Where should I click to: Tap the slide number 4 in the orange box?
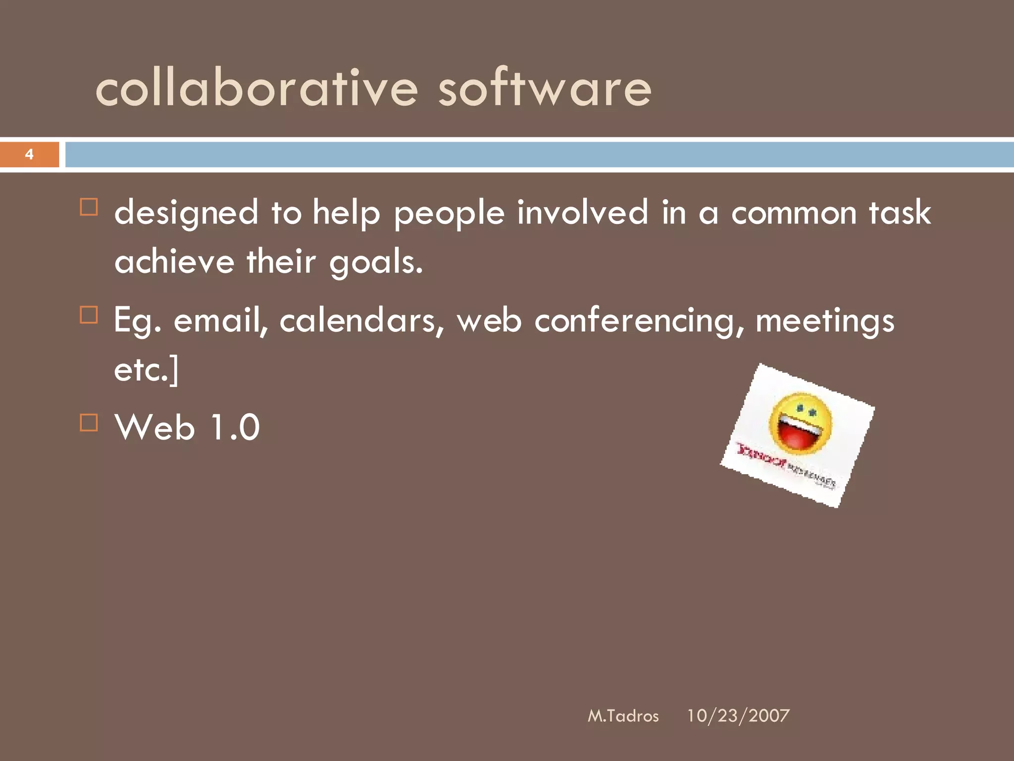[x=29, y=155]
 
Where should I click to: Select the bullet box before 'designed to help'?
[x=89, y=207]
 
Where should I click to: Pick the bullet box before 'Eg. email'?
[x=89, y=315]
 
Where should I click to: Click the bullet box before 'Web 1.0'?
[x=89, y=423]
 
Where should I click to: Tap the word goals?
[x=376, y=262]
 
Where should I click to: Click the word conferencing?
[x=639, y=321]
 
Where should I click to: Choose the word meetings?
[x=825, y=321]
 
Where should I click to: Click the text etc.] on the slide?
[x=146, y=370]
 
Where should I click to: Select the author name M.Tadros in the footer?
[x=623, y=716]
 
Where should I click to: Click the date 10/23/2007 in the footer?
[x=738, y=716]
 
